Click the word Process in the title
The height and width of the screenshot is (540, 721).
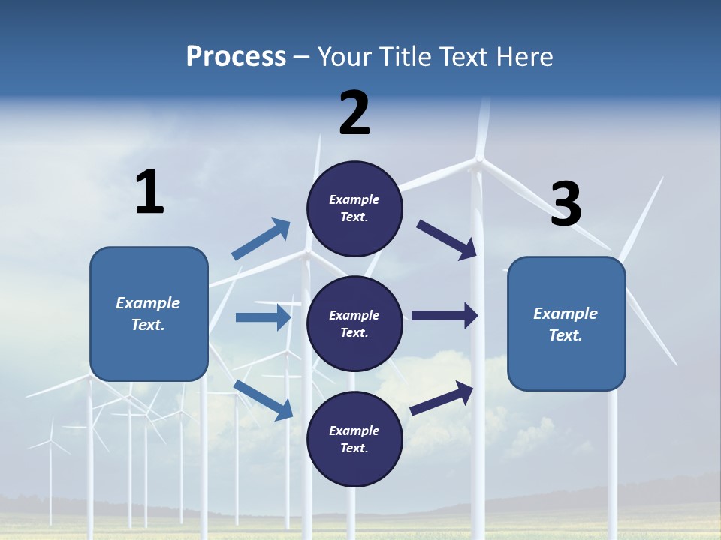236,57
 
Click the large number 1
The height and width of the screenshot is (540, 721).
149,193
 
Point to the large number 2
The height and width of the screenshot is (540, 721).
354,113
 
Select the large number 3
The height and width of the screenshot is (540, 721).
566,204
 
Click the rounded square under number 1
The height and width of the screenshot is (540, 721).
149,313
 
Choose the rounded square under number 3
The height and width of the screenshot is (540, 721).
566,323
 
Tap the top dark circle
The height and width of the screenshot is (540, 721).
354,208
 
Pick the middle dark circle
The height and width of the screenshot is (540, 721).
354,323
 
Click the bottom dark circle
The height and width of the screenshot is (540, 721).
354,439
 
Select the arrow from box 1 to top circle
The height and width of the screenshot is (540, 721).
261,239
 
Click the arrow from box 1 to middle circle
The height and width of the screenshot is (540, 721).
263,317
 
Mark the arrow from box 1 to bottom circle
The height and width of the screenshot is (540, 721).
263,399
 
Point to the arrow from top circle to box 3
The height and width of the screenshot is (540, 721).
447,239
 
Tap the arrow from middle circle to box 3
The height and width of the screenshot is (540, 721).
445,316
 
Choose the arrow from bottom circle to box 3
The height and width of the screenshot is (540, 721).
442,397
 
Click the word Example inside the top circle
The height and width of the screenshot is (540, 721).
354,199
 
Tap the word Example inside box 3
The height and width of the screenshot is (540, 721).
566,313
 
